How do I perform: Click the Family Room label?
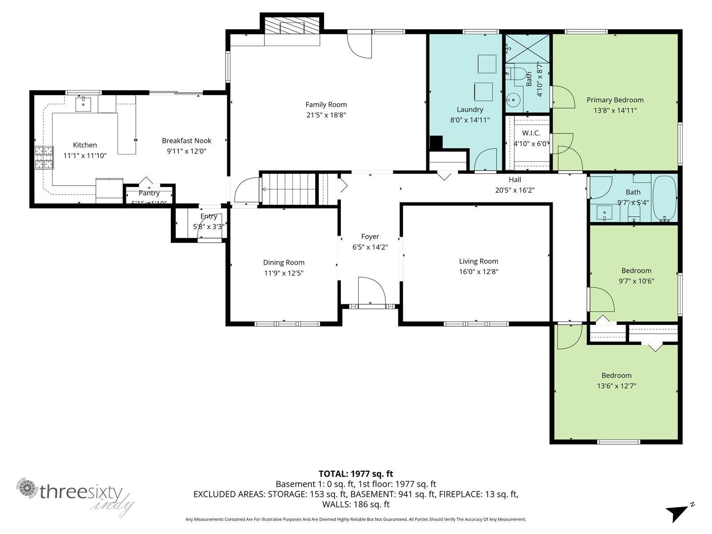point(326,105)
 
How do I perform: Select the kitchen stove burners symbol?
point(44,158)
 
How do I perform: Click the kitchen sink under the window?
point(83,104)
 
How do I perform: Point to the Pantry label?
point(149,193)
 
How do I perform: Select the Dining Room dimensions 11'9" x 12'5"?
point(283,273)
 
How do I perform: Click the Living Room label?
point(478,261)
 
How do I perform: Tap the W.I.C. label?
point(531,133)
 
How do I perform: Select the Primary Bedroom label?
point(615,100)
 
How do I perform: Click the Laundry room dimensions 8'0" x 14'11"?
point(470,120)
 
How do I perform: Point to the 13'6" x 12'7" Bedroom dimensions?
point(616,386)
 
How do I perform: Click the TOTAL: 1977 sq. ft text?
point(356,474)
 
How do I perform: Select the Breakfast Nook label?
point(186,141)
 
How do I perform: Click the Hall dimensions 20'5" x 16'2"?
point(515,190)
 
